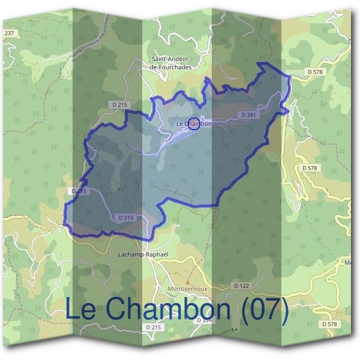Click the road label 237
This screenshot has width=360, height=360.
click(x=8, y=33)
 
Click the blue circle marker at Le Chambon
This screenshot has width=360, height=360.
click(x=194, y=124)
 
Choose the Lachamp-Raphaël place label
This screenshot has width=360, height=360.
click(x=142, y=254)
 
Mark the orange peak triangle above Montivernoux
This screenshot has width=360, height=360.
click(x=188, y=280)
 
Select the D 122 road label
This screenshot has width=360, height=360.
click(x=241, y=286)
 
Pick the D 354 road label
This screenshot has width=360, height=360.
click(x=204, y=320)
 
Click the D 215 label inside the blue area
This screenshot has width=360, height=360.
click(x=125, y=217)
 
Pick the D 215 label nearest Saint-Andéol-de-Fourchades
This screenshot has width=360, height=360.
click(x=120, y=104)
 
